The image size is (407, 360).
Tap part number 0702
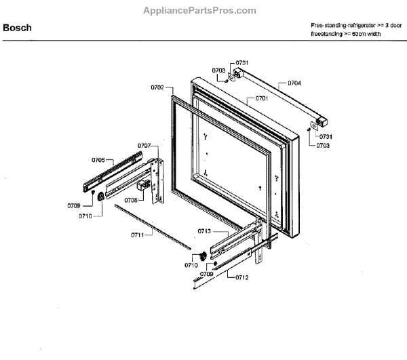[x=157, y=87]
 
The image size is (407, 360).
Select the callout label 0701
[x=262, y=98]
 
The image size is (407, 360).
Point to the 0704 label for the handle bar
[x=294, y=83]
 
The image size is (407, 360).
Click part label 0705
[x=98, y=160]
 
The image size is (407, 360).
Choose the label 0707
[x=144, y=146]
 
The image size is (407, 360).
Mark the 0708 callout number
[x=131, y=200]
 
